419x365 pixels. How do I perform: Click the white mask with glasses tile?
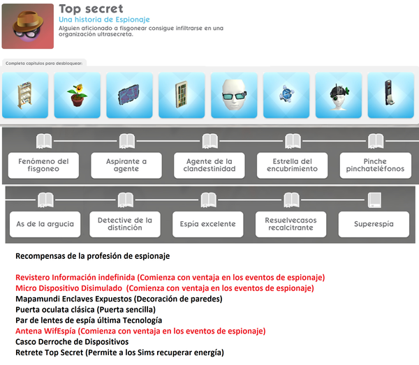pos(234,95)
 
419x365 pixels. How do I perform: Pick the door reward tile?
pos(182,95)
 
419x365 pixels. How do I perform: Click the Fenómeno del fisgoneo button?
pos(43,165)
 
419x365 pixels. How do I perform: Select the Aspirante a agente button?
pos(126,165)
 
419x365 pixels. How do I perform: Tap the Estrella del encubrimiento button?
pos(291,165)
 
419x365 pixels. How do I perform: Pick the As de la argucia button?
pos(43,225)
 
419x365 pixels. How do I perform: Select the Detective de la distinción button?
pos(126,225)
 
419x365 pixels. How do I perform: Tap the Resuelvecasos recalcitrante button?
pos(291,225)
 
